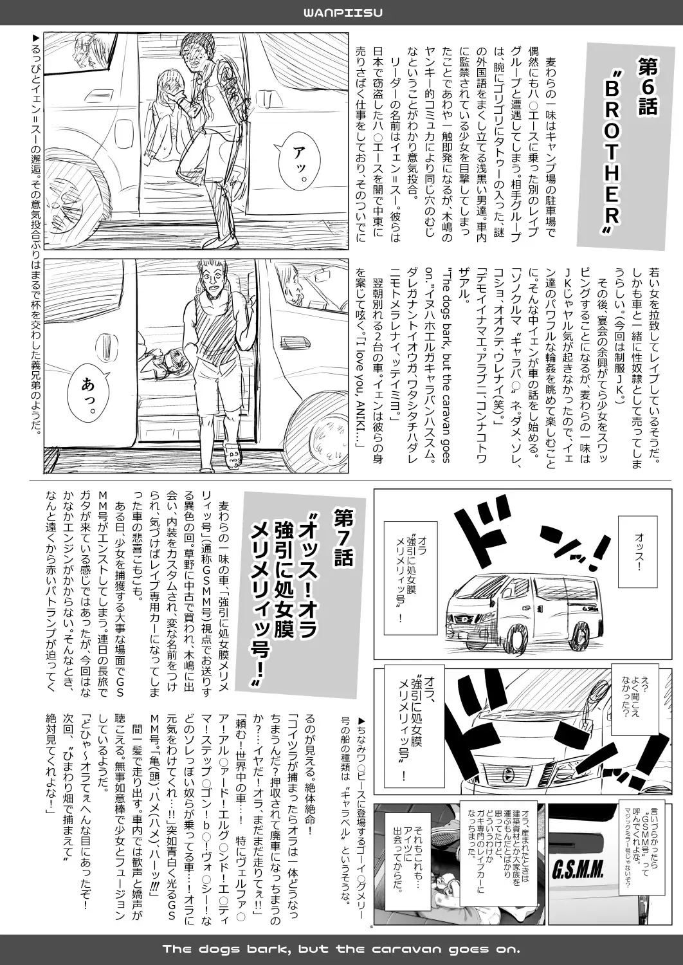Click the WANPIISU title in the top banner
[341, 13]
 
